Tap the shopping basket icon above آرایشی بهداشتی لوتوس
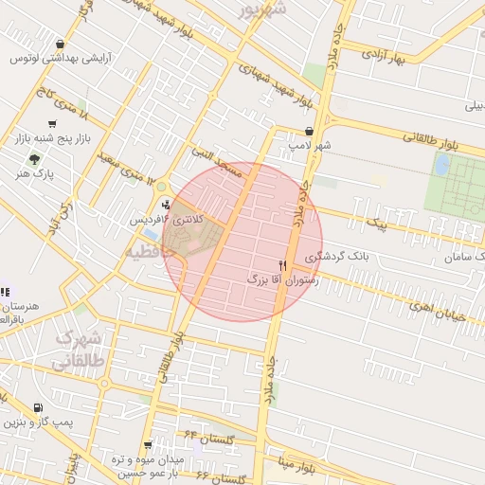[61, 44]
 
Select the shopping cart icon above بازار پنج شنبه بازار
[39, 123]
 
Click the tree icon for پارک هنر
[35, 159]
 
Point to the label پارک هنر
[37, 174]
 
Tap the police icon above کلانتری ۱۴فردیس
[167, 204]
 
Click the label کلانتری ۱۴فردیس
[167, 220]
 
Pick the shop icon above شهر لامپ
[309, 132]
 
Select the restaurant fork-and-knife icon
[281, 266]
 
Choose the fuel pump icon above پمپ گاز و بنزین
[38, 408]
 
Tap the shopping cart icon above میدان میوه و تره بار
[147, 443]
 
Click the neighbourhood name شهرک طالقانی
[78, 349]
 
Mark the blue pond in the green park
[441, 165]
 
